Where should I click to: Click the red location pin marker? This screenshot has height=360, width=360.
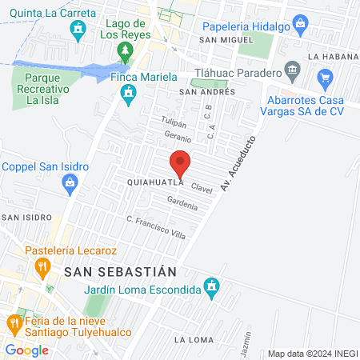[x=181, y=163]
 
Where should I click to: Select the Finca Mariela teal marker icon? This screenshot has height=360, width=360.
[x=126, y=96]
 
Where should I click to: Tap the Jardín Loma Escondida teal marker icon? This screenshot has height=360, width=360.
[x=211, y=286]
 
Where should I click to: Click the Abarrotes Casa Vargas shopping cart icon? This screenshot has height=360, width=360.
[x=325, y=78]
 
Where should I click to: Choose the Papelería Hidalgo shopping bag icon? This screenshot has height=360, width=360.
[x=299, y=24]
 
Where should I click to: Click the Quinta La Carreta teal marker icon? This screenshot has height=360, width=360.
[x=78, y=31]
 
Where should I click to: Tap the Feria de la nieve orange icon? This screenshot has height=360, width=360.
[x=14, y=323]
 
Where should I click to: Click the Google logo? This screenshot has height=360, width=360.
[x=27, y=350]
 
